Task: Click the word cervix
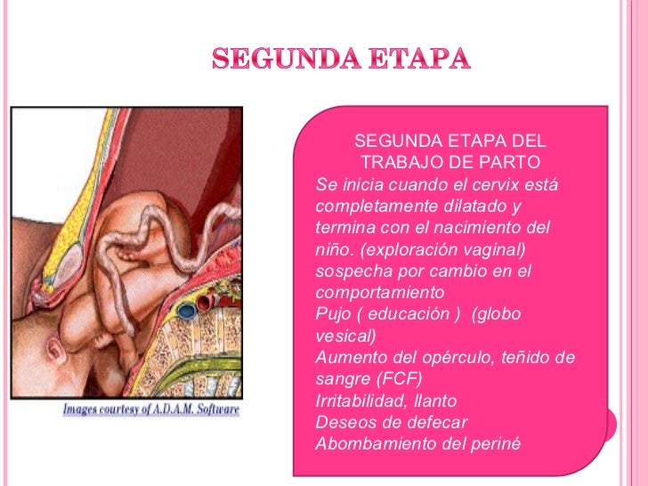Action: click(488, 185)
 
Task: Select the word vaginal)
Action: click(492, 249)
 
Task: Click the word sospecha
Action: click(350, 271)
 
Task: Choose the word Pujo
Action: click(333, 314)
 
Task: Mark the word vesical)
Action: click(346, 336)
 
